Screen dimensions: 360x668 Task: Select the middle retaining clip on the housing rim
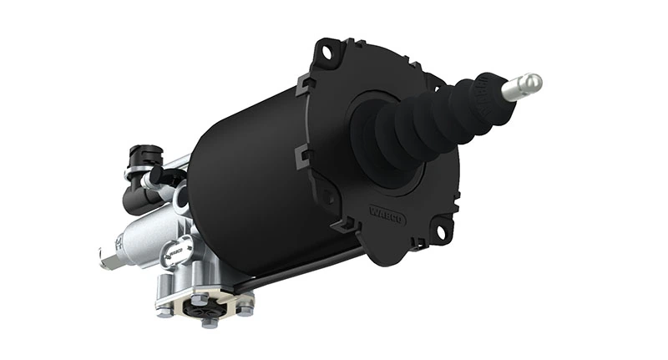pyautogui.click(x=302, y=155)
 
